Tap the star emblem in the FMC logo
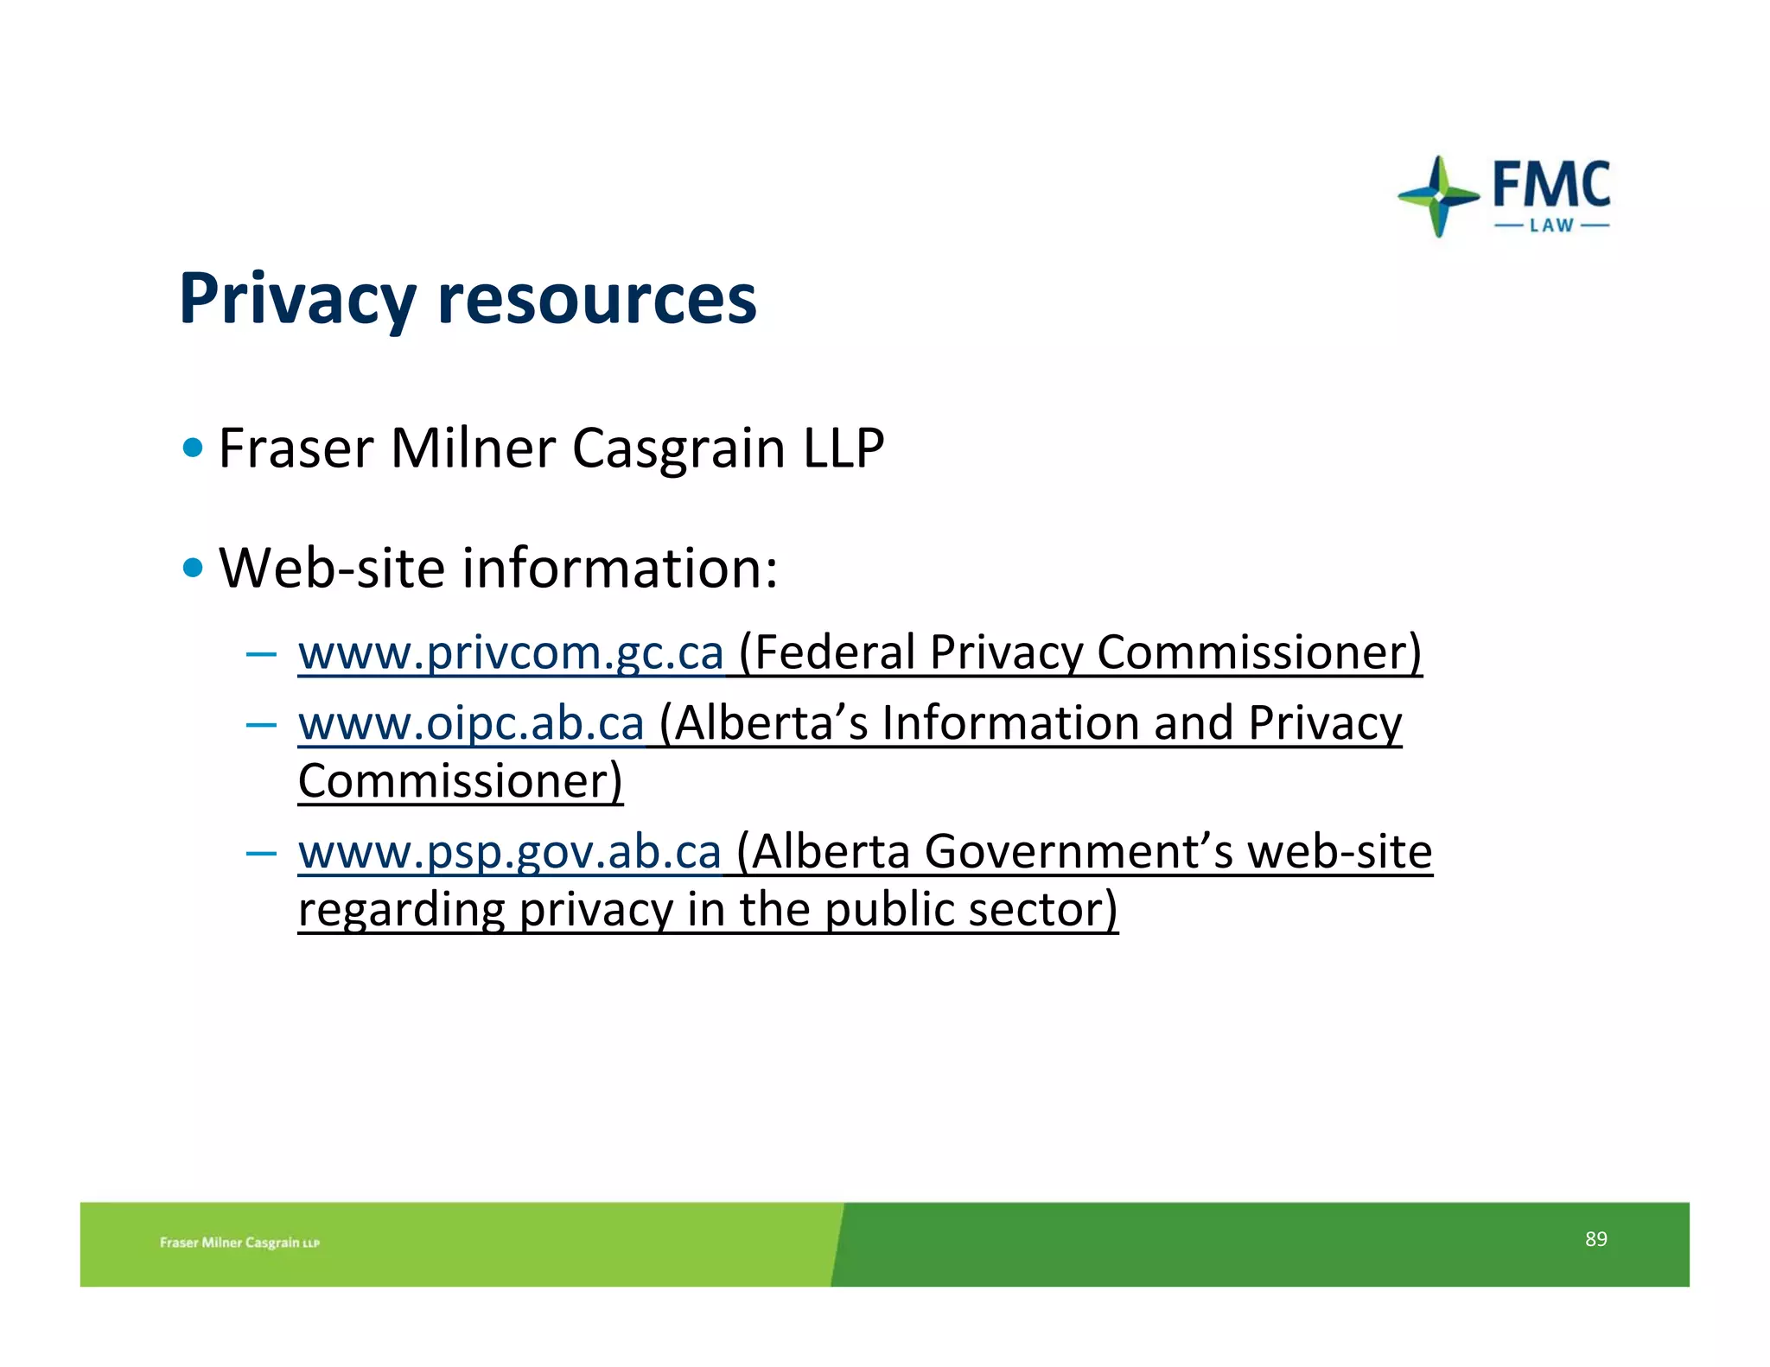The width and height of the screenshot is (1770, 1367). tap(1438, 196)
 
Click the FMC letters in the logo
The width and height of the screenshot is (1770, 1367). tap(1551, 184)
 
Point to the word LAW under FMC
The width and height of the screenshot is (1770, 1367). tap(1551, 226)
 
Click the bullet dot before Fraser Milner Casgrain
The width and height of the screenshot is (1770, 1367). tap(194, 448)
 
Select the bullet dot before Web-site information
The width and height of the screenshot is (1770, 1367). tap(194, 568)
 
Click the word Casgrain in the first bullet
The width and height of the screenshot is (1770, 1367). tap(678, 448)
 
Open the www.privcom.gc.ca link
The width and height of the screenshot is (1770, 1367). tap(511, 652)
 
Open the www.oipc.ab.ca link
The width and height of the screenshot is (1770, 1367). tap(471, 723)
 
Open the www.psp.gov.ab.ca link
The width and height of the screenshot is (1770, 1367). tap(509, 852)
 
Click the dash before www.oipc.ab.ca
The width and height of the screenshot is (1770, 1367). tap(260, 724)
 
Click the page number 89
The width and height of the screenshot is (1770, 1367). tap(1595, 1239)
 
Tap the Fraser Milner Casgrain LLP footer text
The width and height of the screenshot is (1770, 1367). tap(239, 1243)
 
